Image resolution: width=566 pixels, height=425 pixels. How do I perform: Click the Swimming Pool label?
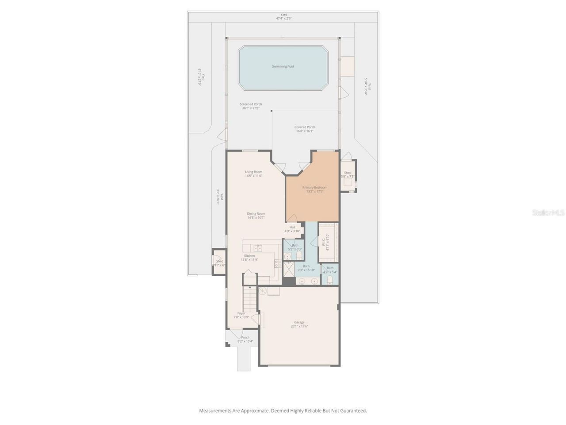(283, 66)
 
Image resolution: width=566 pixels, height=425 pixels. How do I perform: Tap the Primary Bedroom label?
(315, 187)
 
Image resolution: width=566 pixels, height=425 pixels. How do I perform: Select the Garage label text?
(299, 322)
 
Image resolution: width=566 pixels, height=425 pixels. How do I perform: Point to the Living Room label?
(253, 172)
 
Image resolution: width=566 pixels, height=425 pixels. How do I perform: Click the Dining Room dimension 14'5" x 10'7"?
(256, 218)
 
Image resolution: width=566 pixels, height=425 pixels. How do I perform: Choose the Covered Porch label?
(305, 127)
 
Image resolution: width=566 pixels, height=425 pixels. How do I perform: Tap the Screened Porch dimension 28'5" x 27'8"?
(251, 108)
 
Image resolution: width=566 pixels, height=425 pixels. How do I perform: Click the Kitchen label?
(249, 255)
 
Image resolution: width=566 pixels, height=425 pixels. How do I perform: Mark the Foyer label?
(241, 313)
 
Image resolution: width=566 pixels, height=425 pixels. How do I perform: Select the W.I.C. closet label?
(324, 243)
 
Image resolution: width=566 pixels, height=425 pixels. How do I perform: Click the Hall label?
(292, 227)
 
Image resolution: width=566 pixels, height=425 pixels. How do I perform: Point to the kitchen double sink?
(257, 248)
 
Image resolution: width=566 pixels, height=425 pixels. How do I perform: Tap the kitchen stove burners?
(278, 264)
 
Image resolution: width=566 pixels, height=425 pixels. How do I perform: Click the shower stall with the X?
(289, 269)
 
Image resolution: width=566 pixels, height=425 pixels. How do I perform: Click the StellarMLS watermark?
(548, 213)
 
